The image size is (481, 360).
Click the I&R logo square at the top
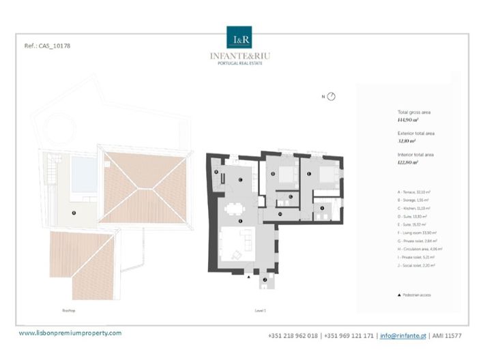[239, 38]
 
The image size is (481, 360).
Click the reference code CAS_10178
[47, 46]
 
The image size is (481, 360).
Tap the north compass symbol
[331, 97]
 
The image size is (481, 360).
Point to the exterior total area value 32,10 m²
[408, 141]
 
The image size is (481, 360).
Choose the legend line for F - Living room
[420, 232]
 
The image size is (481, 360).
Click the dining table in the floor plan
[236, 209]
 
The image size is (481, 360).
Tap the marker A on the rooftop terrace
[73, 213]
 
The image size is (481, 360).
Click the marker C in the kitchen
[241, 179]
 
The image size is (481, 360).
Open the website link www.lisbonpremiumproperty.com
[70, 333]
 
